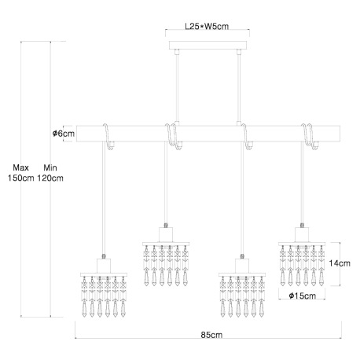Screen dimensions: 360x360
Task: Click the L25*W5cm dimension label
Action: tap(207, 26)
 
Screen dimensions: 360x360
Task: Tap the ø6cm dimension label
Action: tap(64, 134)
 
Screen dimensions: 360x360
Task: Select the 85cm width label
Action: tap(211, 335)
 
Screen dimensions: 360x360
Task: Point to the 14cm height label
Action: tap(340, 263)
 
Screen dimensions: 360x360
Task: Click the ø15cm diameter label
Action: tap(303, 296)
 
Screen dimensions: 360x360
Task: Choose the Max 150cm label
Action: tap(21, 173)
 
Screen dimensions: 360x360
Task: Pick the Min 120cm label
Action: tap(50, 173)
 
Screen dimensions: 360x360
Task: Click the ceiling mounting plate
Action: tap(208, 45)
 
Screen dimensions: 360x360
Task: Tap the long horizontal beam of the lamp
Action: tap(208, 134)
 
